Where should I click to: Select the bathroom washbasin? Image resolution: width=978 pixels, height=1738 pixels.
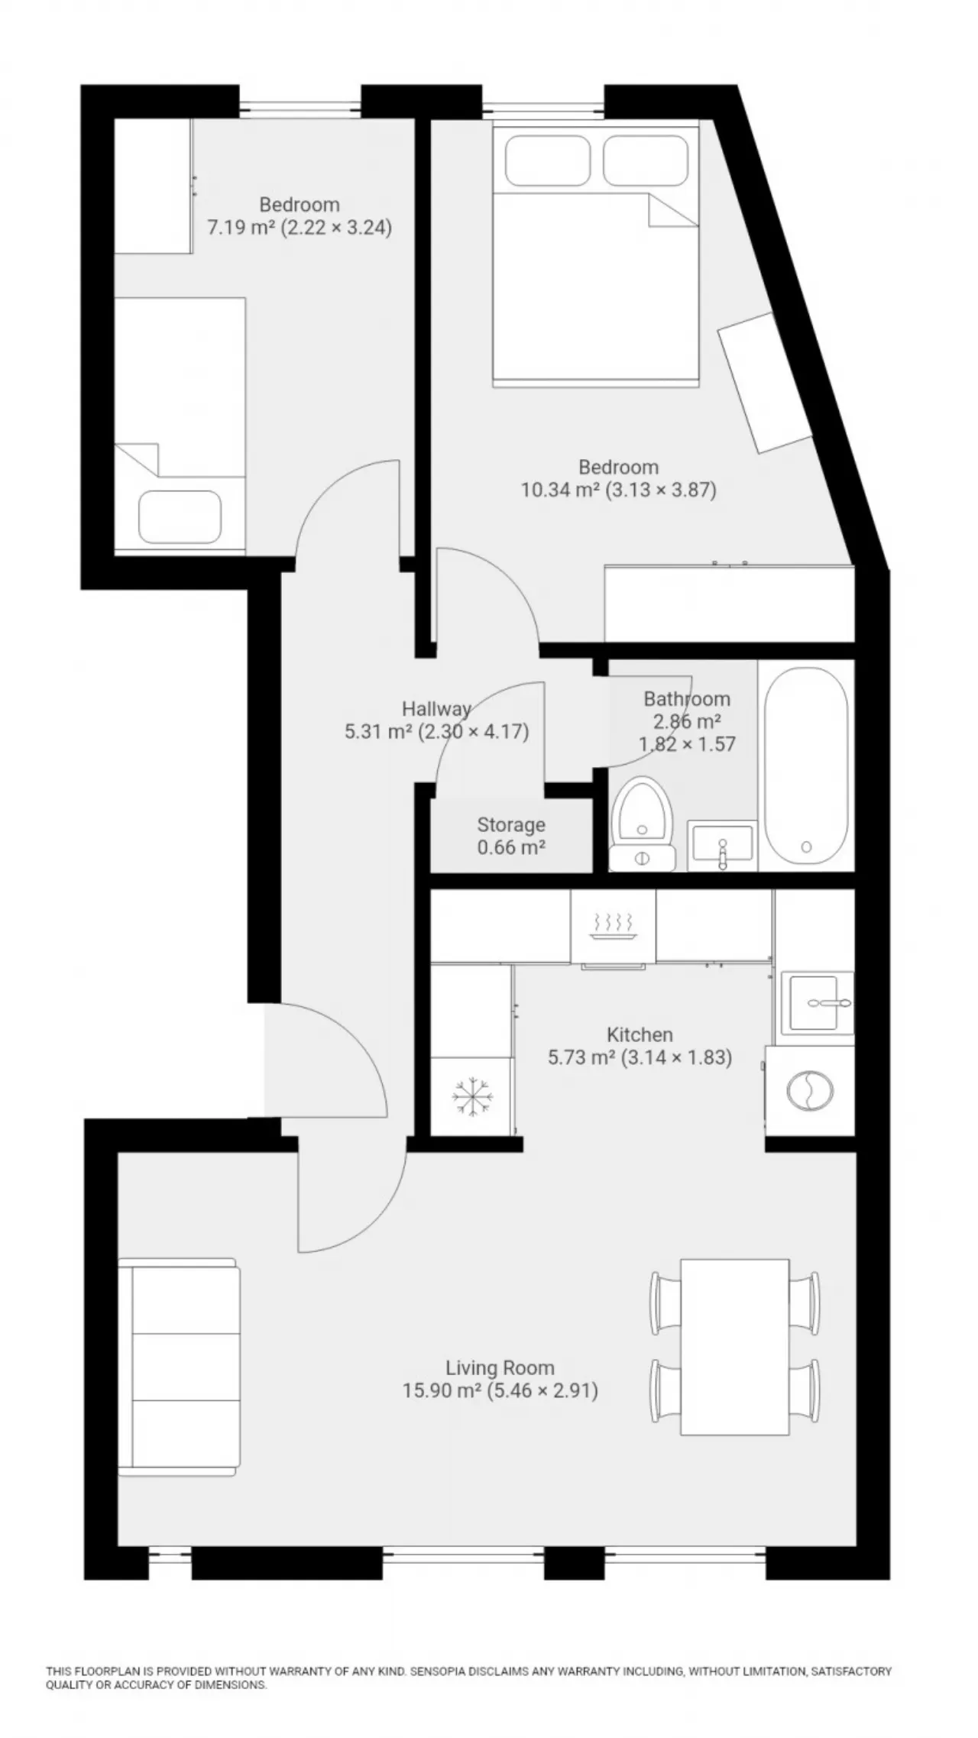(x=721, y=846)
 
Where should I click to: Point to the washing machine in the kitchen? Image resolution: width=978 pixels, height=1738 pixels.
(x=810, y=1090)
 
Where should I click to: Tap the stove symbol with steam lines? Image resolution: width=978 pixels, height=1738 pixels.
(x=614, y=924)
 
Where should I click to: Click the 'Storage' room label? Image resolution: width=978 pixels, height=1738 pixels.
(x=511, y=825)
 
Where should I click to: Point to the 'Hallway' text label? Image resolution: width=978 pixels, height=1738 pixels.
(x=437, y=707)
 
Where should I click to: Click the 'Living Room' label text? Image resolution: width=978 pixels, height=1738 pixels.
(x=500, y=1367)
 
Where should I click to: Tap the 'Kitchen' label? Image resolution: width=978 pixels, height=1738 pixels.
(x=640, y=1034)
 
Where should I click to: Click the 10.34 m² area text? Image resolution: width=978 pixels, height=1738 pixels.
(x=560, y=490)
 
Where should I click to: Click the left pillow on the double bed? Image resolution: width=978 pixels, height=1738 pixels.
(x=548, y=160)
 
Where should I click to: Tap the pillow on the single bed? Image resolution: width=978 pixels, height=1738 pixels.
(x=180, y=516)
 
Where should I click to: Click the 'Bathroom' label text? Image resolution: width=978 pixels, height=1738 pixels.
(x=687, y=698)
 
